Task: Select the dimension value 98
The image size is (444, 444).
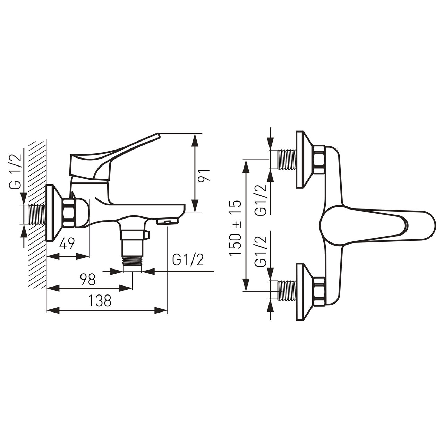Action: (87, 279)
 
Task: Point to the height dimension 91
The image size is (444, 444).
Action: (204, 175)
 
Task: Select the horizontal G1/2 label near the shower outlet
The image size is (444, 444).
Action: (188, 261)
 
